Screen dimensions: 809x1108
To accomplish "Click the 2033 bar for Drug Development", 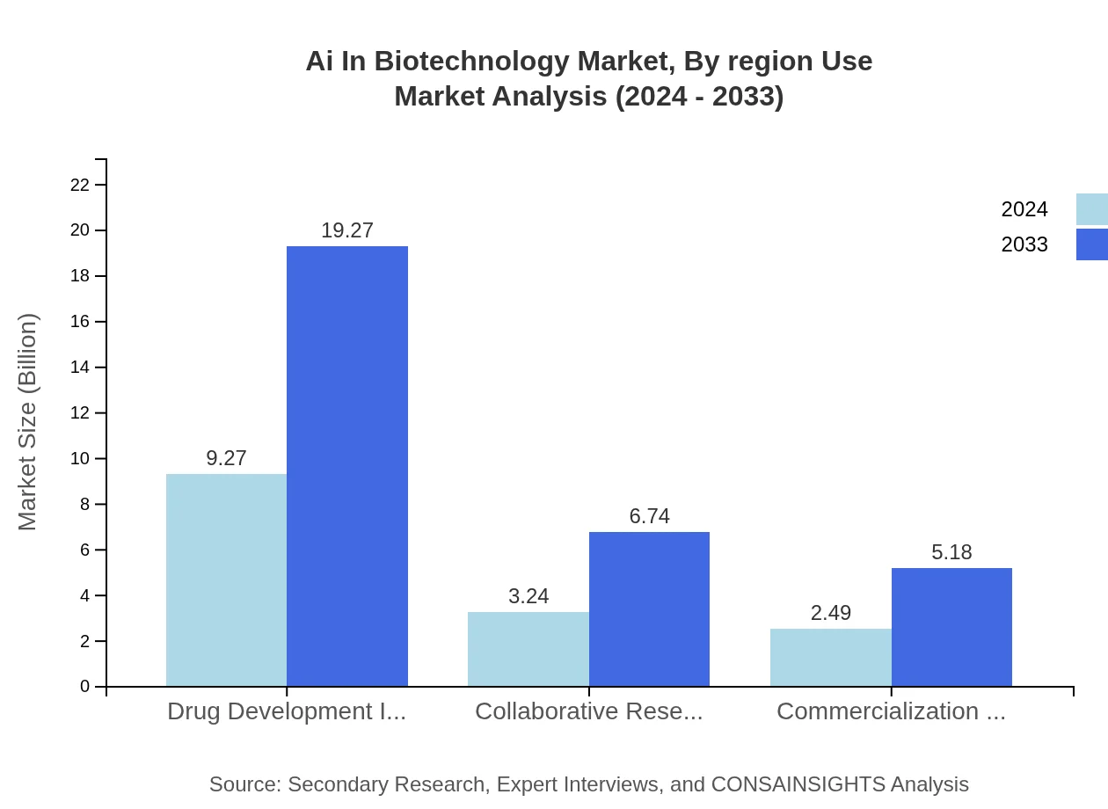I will pyautogui.click(x=347, y=466).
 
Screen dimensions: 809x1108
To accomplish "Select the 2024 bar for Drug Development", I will pyautogui.click(x=226, y=580).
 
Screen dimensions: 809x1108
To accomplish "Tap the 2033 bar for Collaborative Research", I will pyautogui.click(x=649, y=609).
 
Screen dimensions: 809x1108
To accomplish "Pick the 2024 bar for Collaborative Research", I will pyautogui.click(x=528, y=649).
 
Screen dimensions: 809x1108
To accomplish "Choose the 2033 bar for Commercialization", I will pyautogui.click(x=951, y=627).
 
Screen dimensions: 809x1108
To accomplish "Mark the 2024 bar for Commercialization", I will pyautogui.click(x=830, y=657).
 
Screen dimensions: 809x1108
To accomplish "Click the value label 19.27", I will pyautogui.click(x=347, y=230).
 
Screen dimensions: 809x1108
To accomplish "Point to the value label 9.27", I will pyautogui.click(x=226, y=458).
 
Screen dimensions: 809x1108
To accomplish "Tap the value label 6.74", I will pyautogui.click(x=649, y=516).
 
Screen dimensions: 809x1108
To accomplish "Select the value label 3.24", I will pyautogui.click(x=528, y=596).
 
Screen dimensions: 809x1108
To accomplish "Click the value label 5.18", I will pyautogui.click(x=951, y=552).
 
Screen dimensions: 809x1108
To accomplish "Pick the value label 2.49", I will pyautogui.click(x=830, y=613).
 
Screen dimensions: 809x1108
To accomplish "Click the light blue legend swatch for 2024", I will pyautogui.click(x=1091, y=209).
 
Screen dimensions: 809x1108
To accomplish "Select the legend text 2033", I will pyautogui.click(x=1024, y=244).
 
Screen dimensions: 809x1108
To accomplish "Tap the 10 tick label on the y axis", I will pyautogui.click(x=80, y=459).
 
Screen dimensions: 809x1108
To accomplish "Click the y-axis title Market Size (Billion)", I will pyautogui.click(x=27, y=422).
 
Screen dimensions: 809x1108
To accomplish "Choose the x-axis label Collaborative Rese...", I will pyautogui.click(x=588, y=711).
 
